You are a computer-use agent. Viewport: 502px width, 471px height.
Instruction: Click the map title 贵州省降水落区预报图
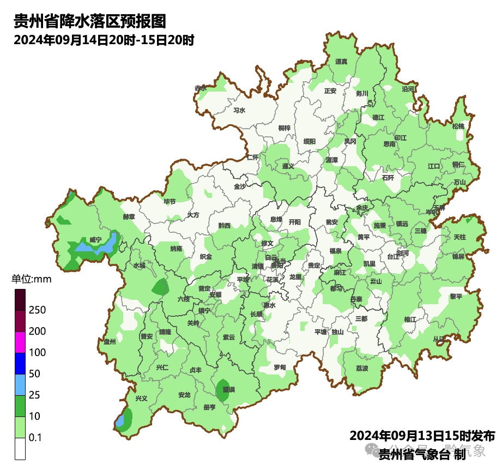click(x=89, y=21)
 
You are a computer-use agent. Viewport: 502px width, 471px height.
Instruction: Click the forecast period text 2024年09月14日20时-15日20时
click(x=104, y=40)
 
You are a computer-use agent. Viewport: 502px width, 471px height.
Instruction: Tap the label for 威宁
click(x=95, y=240)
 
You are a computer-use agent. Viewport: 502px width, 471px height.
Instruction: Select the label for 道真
click(x=341, y=62)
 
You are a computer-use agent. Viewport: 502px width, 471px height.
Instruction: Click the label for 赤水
click(x=201, y=88)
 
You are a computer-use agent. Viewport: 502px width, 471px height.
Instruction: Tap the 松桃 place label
click(x=458, y=126)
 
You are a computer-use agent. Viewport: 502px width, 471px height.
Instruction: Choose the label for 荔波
click(x=362, y=369)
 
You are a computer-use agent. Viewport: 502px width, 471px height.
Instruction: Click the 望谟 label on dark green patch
click(x=228, y=390)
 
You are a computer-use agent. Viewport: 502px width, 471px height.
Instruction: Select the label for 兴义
click(x=141, y=398)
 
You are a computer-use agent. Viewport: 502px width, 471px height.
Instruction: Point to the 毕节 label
click(x=170, y=201)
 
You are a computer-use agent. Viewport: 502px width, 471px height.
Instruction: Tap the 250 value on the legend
click(x=37, y=310)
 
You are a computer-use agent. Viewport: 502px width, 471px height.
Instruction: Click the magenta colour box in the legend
click(x=20, y=342)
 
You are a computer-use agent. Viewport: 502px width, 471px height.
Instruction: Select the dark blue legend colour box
click(x=20, y=363)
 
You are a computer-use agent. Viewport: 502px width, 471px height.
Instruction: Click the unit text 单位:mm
click(x=31, y=280)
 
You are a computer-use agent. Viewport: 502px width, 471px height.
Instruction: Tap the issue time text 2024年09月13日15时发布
click(x=422, y=436)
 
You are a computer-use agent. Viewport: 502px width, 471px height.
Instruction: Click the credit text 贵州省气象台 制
click(x=422, y=453)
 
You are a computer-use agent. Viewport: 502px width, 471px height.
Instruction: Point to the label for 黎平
click(x=456, y=297)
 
